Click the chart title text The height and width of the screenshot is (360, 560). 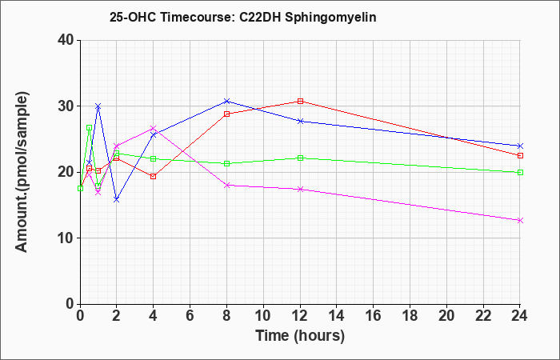coord(243,17)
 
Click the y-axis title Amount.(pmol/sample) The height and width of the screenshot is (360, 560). coord(22,172)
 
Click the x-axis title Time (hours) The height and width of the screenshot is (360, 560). coord(300,336)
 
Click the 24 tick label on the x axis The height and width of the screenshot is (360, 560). coord(520,316)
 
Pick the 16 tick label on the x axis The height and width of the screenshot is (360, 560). coord(374,316)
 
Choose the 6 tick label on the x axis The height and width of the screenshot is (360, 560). coord(190,316)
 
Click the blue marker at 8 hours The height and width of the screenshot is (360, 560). coord(226,101)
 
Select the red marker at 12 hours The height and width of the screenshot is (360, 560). coord(300,101)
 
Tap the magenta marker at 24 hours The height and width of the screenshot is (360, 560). coord(520,220)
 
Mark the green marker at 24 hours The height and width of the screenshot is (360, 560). coord(520,173)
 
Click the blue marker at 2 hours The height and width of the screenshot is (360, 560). coord(117,200)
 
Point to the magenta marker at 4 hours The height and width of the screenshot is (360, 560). coord(154,128)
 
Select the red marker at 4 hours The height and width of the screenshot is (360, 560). coord(154,177)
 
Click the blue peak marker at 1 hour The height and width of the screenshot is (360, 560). coord(98,106)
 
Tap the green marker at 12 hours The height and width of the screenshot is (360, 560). coord(300,158)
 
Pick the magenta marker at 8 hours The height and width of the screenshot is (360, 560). coord(226,185)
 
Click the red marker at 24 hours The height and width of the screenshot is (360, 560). coord(520,156)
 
